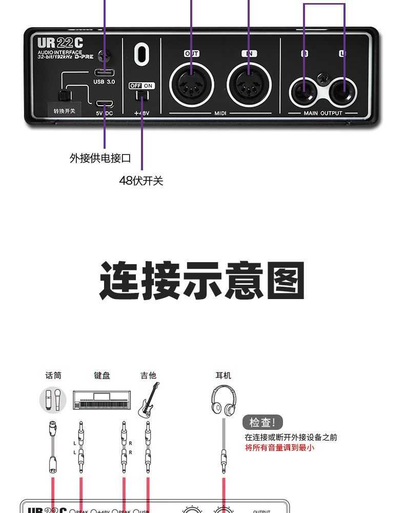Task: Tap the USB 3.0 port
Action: pyautogui.click(x=104, y=72)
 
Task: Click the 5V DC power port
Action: pyautogui.click(x=104, y=104)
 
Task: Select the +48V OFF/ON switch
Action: pyautogui.click(x=141, y=95)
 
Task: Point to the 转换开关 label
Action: pyautogui.click(x=64, y=110)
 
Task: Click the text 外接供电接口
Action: pyautogui.click(x=100, y=158)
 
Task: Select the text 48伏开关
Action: pyautogui.click(x=141, y=181)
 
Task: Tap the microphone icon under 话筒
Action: pyautogui.click(x=53, y=400)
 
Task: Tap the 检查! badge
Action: pyautogui.click(x=262, y=423)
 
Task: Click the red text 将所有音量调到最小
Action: pyautogui.click(x=279, y=447)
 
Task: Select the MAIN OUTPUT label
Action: pyautogui.click(x=323, y=113)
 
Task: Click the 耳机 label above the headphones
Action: pyautogui.click(x=224, y=376)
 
